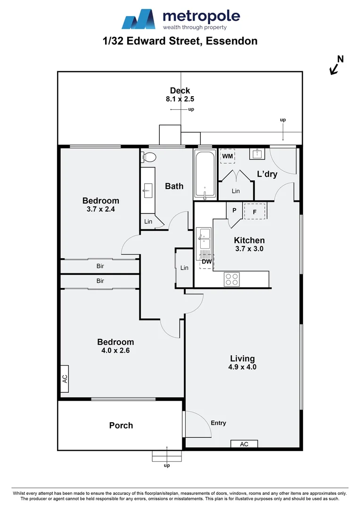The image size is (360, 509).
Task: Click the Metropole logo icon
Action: pyautogui.click(x=139, y=20)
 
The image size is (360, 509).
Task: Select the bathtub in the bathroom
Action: pyautogui.click(x=205, y=175)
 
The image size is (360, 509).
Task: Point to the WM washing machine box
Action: pyautogui.click(x=228, y=156)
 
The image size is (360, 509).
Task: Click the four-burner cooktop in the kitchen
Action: pyautogui.click(x=232, y=279)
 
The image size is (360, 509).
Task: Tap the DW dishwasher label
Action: pyautogui.click(x=207, y=262)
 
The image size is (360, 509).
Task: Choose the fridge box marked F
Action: pyautogui.click(x=254, y=212)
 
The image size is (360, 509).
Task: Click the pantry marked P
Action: pyautogui.click(x=234, y=211)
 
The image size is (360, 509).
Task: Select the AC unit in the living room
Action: pyautogui.click(x=244, y=444)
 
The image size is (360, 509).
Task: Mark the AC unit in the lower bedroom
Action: pyautogui.click(x=65, y=378)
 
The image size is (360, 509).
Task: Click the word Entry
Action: pyautogui.click(x=218, y=423)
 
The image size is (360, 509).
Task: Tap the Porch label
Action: pyautogui.click(x=121, y=425)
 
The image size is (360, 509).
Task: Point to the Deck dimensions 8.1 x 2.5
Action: pyautogui.click(x=180, y=99)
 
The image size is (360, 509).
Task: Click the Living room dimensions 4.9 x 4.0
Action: pyautogui.click(x=243, y=367)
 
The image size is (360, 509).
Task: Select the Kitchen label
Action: pyautogui.click(x=249, y=240)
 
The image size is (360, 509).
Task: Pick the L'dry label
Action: pyautogui.click(x=267, y=174)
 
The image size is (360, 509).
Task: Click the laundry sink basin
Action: pyautogui.click(x=257, y=154)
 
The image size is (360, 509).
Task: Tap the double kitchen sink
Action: pyautogui.click(x=205, y=238)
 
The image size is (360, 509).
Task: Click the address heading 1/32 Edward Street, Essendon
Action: pyautogui.click(x=180, y=41)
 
